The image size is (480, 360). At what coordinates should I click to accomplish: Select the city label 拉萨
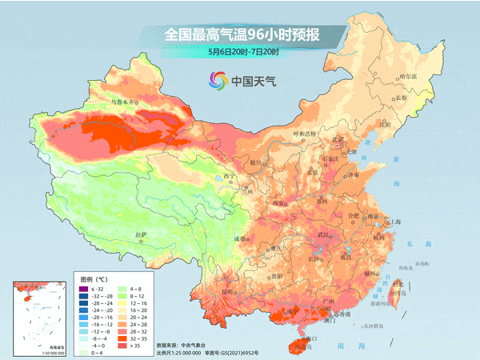pyautogui.click(x=142, y=234)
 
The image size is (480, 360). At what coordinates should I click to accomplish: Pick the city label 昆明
pyautogui.click(x=228, y=292)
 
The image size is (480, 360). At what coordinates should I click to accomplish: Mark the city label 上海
pyautogui.click(x=394, y=222)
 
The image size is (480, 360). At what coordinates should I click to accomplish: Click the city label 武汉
pyautogui.click(x=324, y=235)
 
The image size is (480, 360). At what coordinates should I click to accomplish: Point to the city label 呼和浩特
pyautogui.click(x=305, y=133)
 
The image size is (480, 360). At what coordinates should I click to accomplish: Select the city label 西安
pyautogui.click(x=278, y=204)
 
